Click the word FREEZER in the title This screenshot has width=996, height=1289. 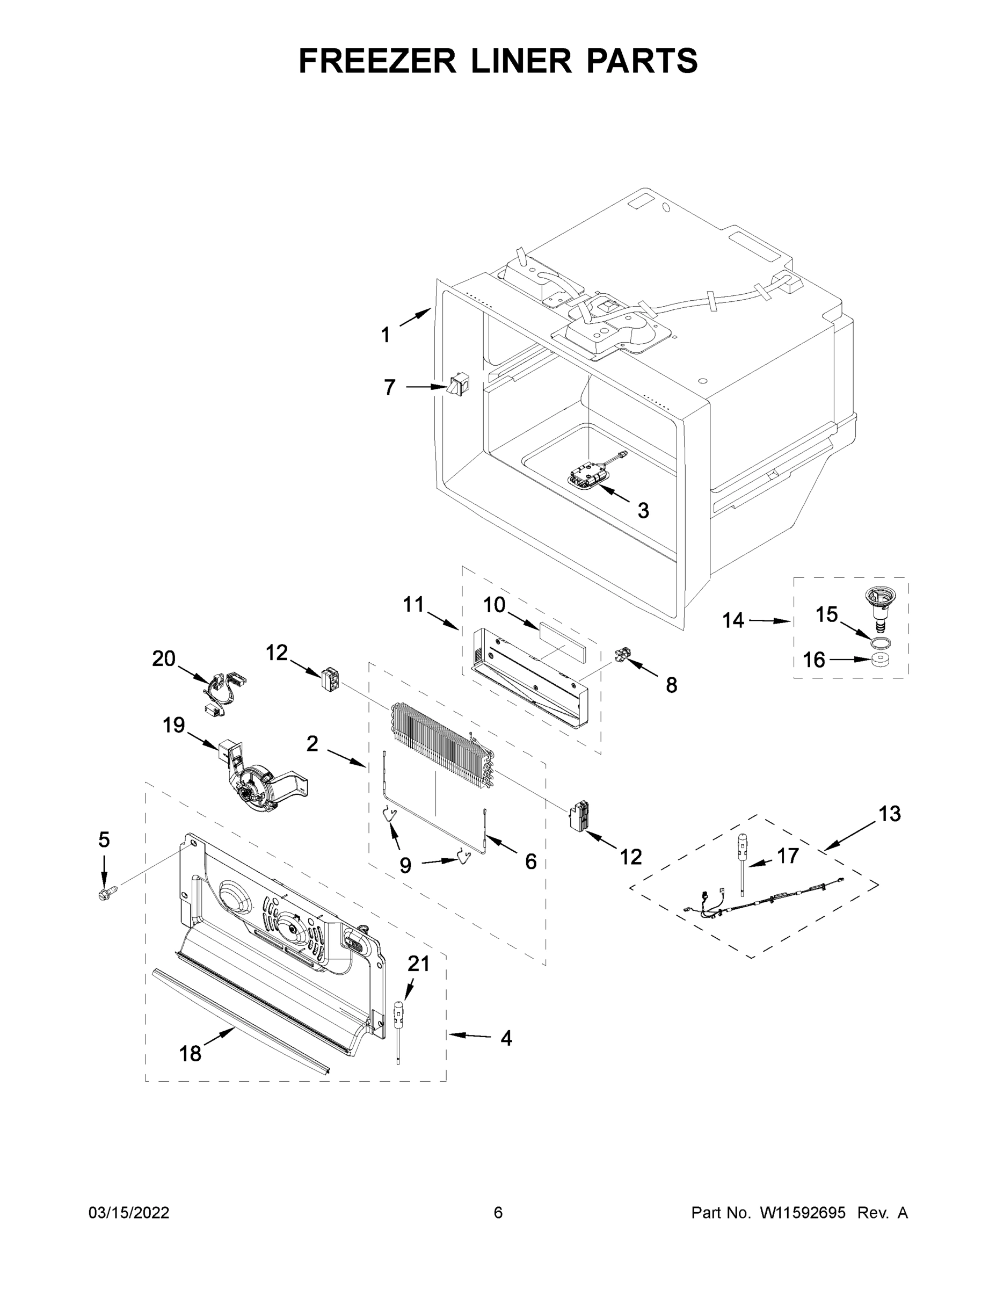point(377,61)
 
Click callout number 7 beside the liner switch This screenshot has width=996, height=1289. point(389,388)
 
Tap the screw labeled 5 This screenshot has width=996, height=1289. point(106,894)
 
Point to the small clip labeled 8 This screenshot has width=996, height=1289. point(621,655)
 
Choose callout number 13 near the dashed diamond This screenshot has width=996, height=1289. point(890,814)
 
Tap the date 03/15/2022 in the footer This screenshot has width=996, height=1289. point(129,1213)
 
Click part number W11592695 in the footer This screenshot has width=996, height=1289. point(803,1213)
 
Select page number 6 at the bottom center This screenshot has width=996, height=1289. point(498,1213)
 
